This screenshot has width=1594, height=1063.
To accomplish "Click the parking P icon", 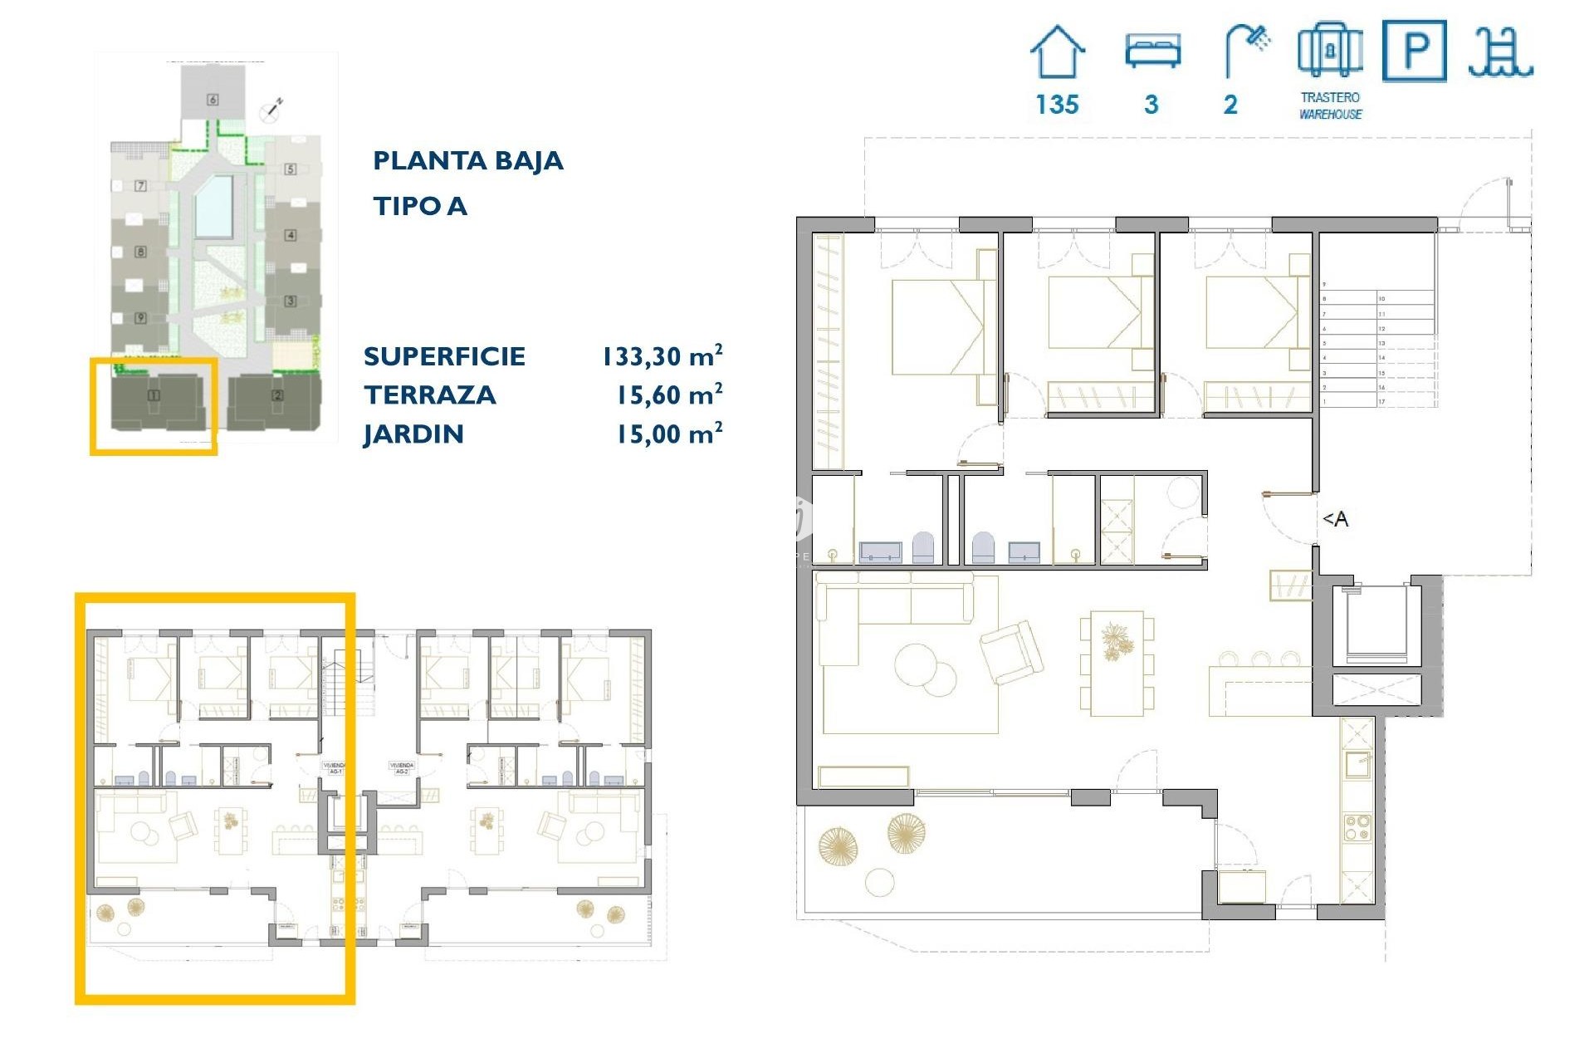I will point(1414,51).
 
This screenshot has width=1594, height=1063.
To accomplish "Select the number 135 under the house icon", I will point(1057,105).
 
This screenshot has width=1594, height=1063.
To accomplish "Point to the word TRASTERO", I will point(1330,97).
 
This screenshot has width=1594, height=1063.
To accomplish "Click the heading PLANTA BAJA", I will point(467,160).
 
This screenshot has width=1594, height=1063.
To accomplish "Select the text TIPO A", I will point(419,206).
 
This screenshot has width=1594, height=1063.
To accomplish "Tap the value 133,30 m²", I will point(662,356).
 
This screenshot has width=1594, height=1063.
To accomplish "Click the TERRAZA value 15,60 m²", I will point(668,395).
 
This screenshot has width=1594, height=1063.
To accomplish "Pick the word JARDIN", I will point(413,434).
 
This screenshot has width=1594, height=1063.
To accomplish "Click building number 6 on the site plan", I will point(213,100).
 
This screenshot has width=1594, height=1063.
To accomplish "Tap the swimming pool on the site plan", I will point(213,206).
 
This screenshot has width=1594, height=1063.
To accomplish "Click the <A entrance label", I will point(1335,519).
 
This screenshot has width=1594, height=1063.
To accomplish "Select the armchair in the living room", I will point(1011,652).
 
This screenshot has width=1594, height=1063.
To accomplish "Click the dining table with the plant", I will point(1117,663).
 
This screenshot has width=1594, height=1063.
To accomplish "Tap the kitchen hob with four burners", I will point(1357,828).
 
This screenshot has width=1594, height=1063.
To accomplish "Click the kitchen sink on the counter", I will point(1357,764).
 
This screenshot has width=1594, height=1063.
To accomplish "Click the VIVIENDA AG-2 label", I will point(401,768).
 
